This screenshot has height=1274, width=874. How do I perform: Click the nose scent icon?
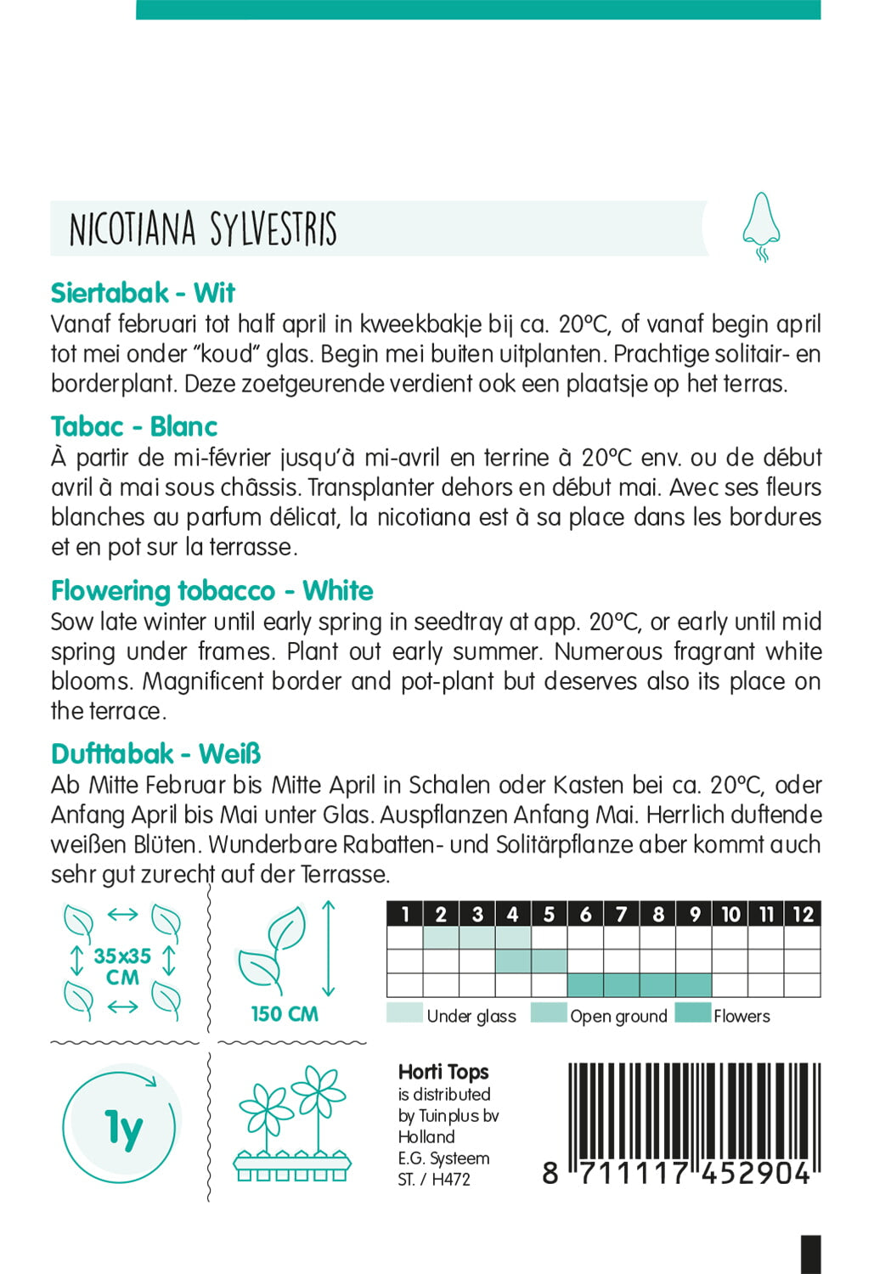[760, 227]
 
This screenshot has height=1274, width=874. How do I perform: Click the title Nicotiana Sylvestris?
[203, 229]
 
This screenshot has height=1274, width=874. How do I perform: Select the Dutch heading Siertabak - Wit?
[143, 293]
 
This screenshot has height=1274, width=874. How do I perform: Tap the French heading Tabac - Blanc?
[134, 426]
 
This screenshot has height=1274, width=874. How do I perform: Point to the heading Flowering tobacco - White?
[212, 590]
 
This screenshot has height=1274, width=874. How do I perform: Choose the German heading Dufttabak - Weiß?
[156, 753]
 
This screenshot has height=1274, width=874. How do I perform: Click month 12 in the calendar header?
[803, 914]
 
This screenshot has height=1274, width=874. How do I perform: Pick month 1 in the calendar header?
[405, 914]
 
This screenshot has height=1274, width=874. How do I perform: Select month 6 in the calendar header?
[585, 914]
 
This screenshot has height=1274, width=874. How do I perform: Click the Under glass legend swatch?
[404, 1013]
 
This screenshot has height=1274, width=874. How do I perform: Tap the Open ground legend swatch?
[548, 1013]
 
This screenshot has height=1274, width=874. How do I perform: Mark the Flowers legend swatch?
[692, 1013]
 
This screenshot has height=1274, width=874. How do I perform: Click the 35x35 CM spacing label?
[122, 967]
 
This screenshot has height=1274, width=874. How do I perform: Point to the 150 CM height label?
[285, 1013]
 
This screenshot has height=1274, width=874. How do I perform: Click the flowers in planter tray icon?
[292, 1125]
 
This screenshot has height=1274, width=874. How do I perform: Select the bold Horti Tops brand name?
[443, 1072]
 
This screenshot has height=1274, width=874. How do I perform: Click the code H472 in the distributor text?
[451, 1179]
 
